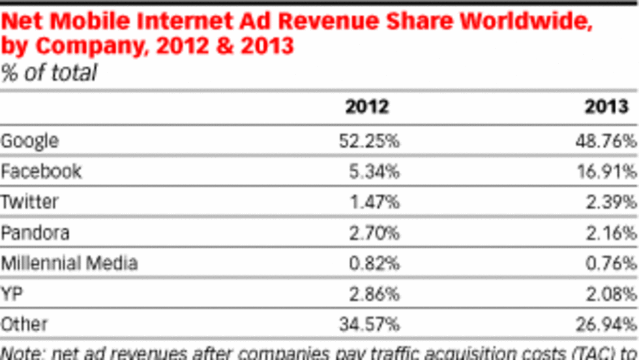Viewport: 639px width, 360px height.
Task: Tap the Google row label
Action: point(30,141)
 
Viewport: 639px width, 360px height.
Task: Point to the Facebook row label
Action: point(41,172)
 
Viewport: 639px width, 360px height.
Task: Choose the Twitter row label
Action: point(30,202)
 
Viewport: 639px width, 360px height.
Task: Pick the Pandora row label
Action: point(35,233)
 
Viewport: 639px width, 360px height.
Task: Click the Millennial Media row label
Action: point(69,263)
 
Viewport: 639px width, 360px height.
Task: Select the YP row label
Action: point(12,293)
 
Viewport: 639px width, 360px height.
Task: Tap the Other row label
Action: point(24,324)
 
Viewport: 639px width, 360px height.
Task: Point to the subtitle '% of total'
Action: point(49,72)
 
